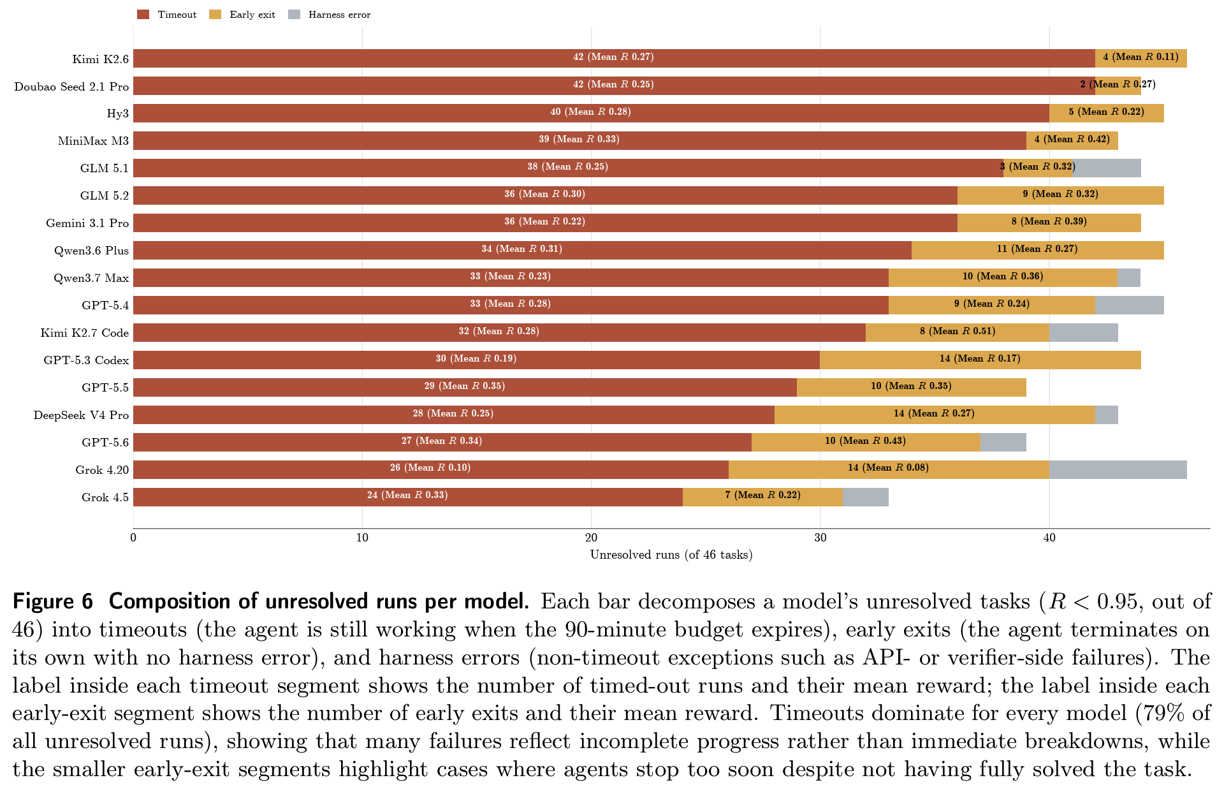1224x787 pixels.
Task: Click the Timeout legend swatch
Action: click(143, 14)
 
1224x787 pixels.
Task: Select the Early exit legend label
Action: click(252, 15)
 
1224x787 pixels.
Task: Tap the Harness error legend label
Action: click(339, 15)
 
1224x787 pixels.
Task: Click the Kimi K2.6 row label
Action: click(100, 59)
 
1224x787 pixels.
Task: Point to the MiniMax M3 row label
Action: click(93, 141)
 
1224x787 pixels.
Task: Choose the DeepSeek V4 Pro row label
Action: click(81, 415)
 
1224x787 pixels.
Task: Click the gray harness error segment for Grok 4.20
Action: click(1118, 470)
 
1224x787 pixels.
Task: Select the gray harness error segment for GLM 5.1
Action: click(1107, 168)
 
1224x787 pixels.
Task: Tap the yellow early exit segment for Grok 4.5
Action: click(762, 497)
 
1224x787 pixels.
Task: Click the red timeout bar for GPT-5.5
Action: click(465, 387)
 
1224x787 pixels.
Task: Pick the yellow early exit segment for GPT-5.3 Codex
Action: click(980, 360)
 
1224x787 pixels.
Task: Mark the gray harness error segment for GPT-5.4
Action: click(1130, 305)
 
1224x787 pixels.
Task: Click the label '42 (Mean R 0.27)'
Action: click(613, 57)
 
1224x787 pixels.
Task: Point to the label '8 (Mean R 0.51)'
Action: click(958, 331)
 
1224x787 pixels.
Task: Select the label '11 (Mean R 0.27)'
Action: click(1037, 249)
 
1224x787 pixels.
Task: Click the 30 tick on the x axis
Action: click(820, 538)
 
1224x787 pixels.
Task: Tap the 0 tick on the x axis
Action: click(133, 538)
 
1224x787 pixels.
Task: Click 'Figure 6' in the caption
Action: click(53, 601)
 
